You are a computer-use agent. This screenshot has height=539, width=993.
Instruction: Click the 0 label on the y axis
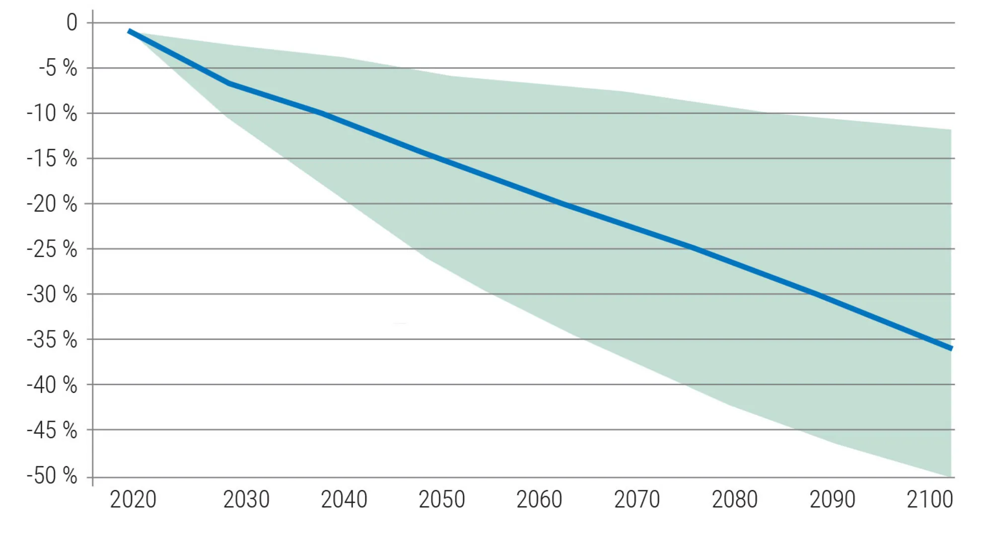(x=72, y=23)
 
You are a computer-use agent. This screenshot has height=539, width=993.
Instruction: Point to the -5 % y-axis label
(x=58, y=68)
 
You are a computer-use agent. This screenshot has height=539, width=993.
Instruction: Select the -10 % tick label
(x=52, y=114)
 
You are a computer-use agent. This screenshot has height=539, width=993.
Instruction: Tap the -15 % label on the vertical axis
(x=52, y=159)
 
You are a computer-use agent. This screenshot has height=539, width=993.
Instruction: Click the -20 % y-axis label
(x=52, y=204)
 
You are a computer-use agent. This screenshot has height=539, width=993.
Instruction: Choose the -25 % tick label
(x=52, y=249)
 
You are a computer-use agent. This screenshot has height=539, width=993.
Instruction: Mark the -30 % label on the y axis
(x=52, y=295)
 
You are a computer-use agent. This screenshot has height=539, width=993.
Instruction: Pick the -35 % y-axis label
(x=52, y=340)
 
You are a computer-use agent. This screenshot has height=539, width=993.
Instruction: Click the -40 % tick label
(x=52, y=385)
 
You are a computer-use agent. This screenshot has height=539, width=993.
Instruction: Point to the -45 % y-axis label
(x=52, y=430)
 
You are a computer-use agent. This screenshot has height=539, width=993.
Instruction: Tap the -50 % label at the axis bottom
(x=52, y=476)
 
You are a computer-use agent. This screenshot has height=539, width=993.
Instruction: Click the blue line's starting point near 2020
(x=129, y=31)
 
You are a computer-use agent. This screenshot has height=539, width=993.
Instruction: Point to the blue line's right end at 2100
(x=951, y=348)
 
